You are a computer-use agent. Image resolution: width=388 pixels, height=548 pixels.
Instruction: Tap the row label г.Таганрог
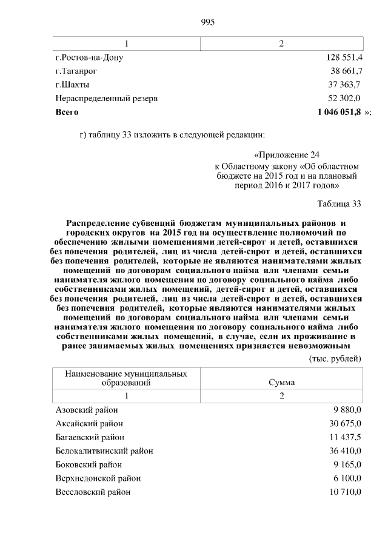76,71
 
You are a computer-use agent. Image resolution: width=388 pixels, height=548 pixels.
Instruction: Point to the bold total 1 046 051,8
339,112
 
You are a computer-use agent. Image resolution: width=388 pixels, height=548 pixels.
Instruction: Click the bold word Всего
67,112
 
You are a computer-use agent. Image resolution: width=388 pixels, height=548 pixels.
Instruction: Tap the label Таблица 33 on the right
339,203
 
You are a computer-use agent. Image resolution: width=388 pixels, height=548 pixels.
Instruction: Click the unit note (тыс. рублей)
335,358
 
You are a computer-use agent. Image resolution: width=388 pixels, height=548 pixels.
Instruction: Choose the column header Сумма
281,383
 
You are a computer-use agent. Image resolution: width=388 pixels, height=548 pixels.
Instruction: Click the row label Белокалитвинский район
104,451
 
